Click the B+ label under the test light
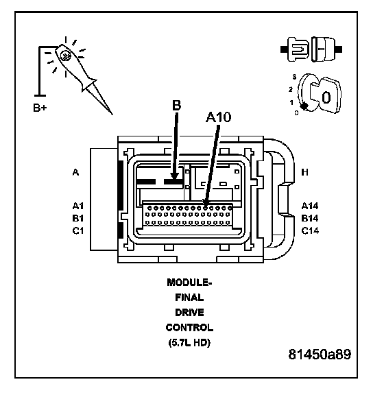click(40, 108)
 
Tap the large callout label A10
click(218, 117)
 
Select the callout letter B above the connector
click(177, 105)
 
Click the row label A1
click(78, 206)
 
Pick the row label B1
click(78, 218)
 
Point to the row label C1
click(78, 230)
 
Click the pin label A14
click(310, 206)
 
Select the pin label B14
click(310, 218)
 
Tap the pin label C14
click(310, 230)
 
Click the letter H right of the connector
click(305, 172)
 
